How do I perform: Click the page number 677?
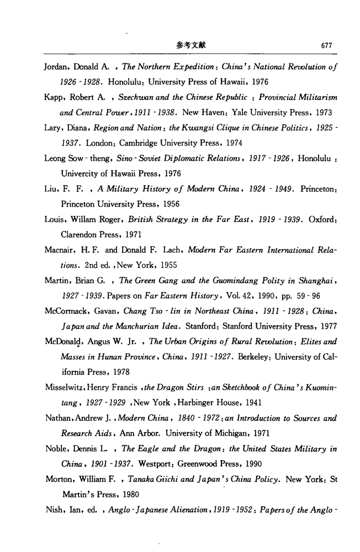(326, 46)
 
